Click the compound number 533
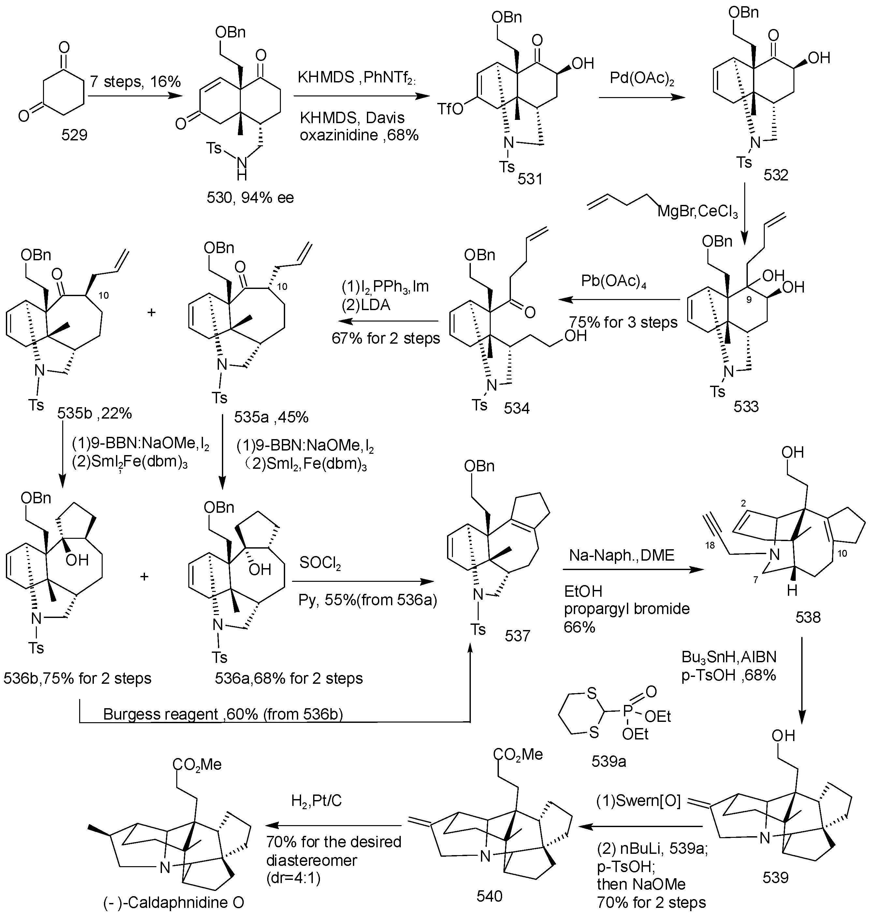pyautogui.click(x=746, y=407)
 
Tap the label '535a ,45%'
pyautogui.click(x=271, y=417)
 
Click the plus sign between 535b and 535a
pyautogui.click(x=151, y=312)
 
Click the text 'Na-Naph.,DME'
pyautogui.click(x=621, y=555)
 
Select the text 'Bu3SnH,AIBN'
pyautogui.click(x=729, y=657)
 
